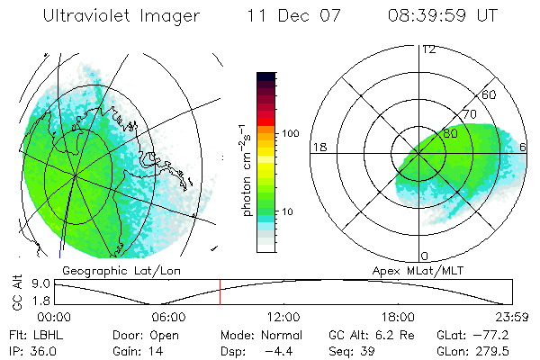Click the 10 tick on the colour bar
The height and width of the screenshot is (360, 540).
coord(290,211)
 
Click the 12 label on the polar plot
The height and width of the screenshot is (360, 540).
coord(428,49)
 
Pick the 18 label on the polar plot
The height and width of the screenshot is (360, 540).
coord(318,147)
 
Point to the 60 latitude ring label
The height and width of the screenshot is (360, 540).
coord(490,94)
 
